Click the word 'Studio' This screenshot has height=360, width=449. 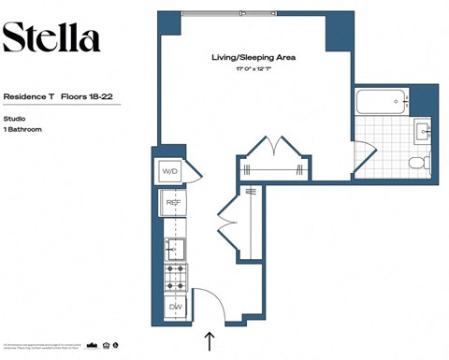[x=15, y=119]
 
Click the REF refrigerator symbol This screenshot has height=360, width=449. [x=173, y=203]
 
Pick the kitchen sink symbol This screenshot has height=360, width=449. [x=174, y=248]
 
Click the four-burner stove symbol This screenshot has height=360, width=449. [x=174, y=277]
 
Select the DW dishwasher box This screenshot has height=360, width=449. [x=174, y=306]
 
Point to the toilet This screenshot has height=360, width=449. [x=418, y=163]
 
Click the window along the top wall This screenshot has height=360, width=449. [x=241, y=13]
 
